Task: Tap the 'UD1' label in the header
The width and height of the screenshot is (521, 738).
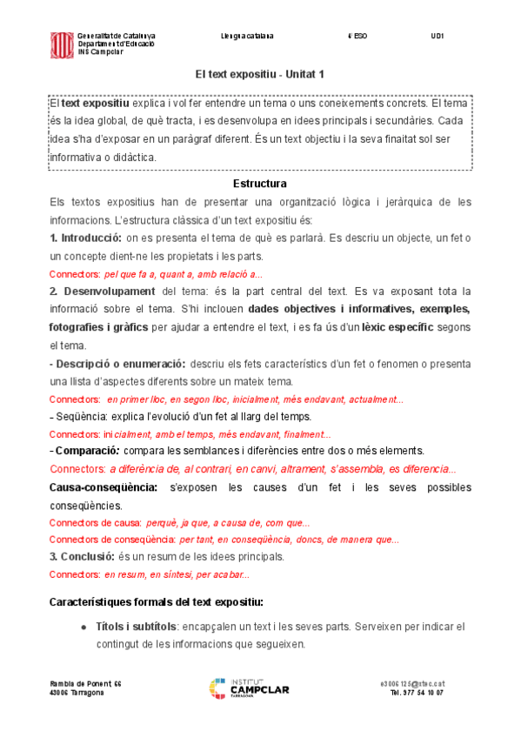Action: click(438, 37)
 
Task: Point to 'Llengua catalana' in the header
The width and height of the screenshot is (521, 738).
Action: click(248, 37)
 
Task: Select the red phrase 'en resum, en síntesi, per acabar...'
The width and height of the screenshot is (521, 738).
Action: click(177, 574)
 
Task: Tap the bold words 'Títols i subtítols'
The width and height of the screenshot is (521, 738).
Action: click(136, 627)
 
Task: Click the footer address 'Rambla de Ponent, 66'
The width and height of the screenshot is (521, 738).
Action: click(85, 684)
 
